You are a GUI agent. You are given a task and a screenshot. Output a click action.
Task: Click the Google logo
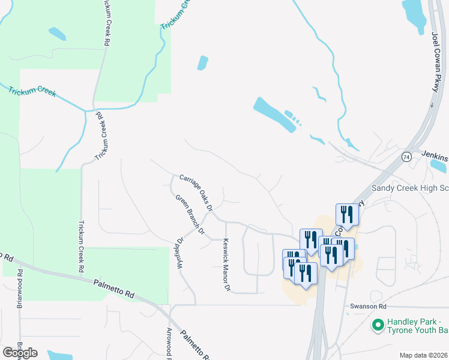pos(20,353)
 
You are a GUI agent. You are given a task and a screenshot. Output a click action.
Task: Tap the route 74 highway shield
pos(406,157)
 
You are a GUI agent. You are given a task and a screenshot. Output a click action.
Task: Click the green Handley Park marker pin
pos(378,326)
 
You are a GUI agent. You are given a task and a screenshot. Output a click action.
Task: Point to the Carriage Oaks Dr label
pos(196,193)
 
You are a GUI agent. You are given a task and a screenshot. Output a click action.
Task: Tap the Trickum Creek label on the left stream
pos(32,92)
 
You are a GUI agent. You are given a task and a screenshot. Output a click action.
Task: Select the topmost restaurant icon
pos(347,214)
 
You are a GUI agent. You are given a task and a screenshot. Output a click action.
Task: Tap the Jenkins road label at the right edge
pos(433,155)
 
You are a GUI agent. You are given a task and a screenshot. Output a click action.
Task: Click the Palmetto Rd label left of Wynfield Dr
pos(113,288)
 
